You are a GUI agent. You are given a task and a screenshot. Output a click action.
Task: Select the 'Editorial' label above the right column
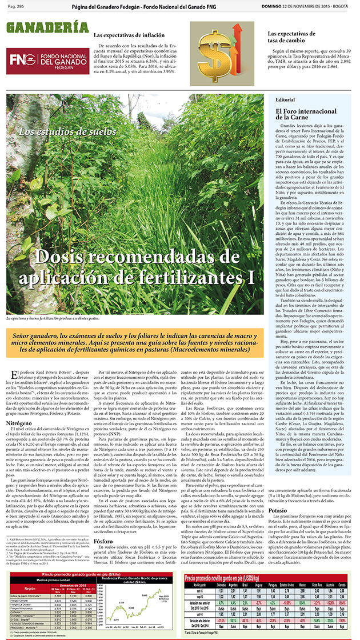click(x=285, y=99)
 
